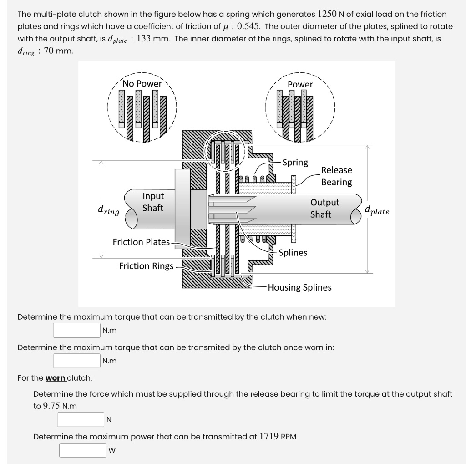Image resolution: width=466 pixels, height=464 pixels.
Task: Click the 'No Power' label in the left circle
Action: click(142, 83)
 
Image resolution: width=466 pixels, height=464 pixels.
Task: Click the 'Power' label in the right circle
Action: click(300, 84)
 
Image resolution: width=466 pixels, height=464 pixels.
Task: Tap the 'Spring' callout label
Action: click(295, 163)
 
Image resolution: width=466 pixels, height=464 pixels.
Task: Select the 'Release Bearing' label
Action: click(336, 176)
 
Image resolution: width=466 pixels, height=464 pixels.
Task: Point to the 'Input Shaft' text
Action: click(153, 202)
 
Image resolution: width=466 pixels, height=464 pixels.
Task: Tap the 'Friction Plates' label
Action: click(141, 242)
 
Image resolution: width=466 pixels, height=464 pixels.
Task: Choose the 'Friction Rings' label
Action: click(146, 266)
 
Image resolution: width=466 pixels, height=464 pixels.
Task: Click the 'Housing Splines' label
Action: click(299, 287)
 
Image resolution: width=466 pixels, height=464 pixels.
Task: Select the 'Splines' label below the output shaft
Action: click(293, 252)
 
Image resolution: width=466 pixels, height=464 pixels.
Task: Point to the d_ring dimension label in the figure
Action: click(108, 210)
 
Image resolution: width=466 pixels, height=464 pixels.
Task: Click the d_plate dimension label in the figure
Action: click(377, 210)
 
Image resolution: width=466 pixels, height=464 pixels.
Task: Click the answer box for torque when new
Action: click(76, 330)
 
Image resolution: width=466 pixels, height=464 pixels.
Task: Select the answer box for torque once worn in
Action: click(76, 361)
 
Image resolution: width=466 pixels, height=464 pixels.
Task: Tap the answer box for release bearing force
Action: click(81, 419)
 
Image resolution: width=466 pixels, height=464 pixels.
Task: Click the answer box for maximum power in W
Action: click(83, 450)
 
